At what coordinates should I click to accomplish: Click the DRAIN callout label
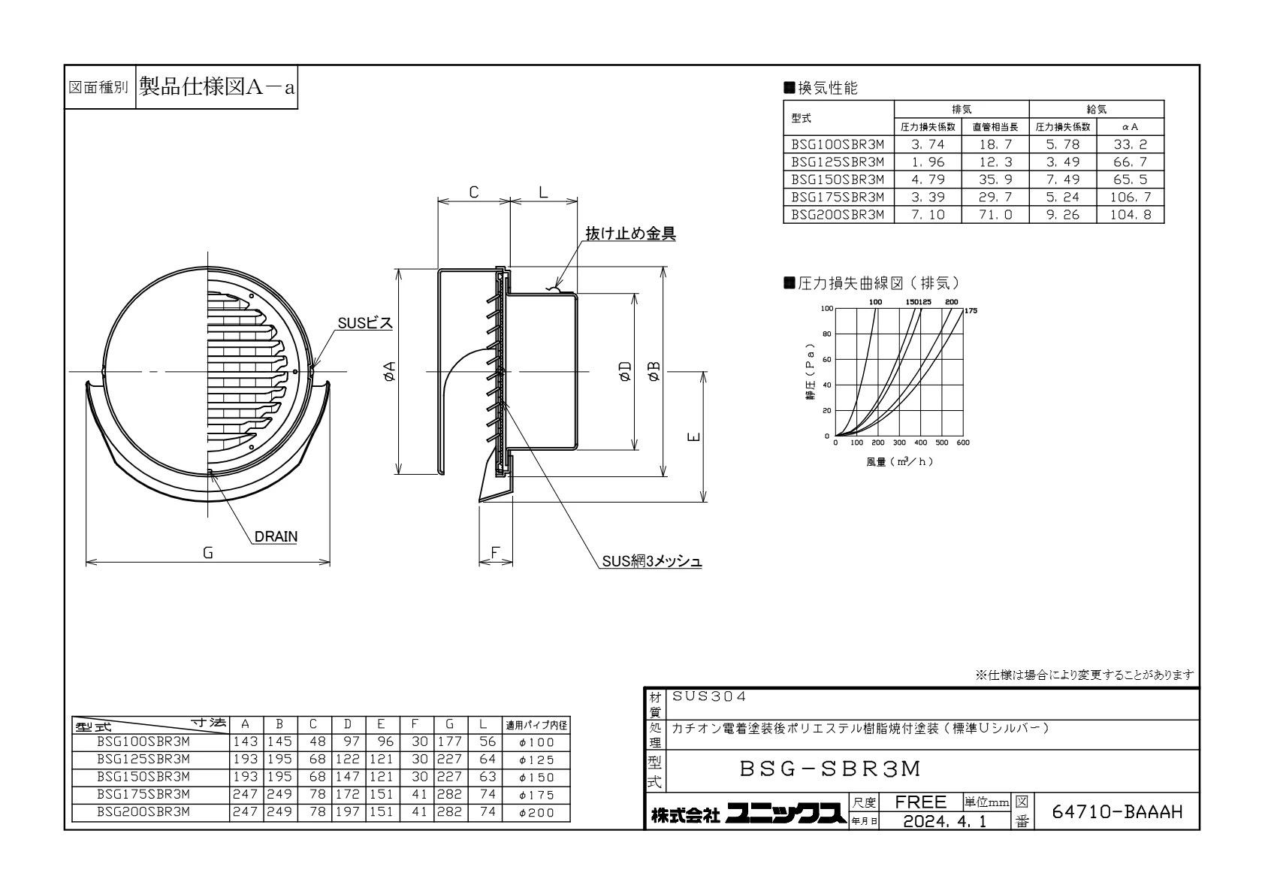point(276,536)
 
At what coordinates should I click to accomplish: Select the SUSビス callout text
point(365,323)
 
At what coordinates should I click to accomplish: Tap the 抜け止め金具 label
point(630,233)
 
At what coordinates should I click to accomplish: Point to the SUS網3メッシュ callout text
point(652,560)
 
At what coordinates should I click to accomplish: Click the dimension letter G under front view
point(208,553)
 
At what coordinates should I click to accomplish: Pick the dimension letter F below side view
point(495,552)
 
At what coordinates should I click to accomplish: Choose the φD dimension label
point(625,372)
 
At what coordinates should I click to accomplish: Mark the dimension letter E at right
point(694,436)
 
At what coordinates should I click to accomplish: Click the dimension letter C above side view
point(474,192)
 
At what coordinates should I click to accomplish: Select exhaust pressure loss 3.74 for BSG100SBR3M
point(927,144)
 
